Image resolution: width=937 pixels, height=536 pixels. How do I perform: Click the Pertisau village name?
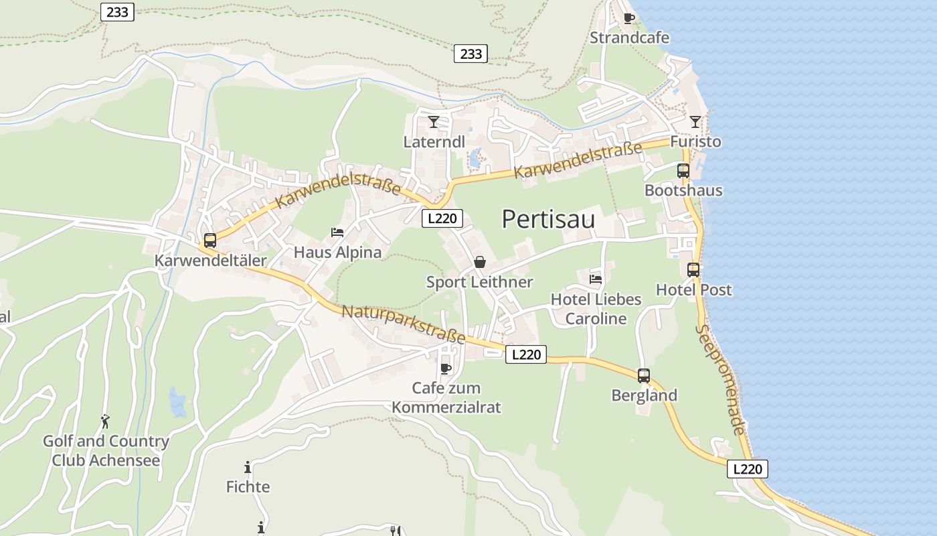pos(548,219)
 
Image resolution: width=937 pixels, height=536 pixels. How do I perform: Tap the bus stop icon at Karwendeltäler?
pos(210,240)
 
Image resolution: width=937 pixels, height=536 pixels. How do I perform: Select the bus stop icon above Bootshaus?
pos(683,170)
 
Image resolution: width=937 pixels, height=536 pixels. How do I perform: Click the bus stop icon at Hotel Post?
pos(693,270)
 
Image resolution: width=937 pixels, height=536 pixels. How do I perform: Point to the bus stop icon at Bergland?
pos(644,375)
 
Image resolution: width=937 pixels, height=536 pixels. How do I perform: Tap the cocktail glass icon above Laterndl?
pos(434,122)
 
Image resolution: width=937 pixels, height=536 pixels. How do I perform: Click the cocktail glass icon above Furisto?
pos(695,122)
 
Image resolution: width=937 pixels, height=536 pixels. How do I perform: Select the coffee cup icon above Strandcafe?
pos(628,18)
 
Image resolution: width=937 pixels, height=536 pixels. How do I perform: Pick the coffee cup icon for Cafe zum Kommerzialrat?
pos(446,368)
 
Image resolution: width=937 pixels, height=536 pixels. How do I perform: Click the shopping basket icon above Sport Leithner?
pos(480,262)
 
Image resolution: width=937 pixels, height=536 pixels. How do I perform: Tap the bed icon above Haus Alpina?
pos(337,232)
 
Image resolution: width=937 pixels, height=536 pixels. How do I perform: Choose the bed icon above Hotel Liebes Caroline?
pos(596,279)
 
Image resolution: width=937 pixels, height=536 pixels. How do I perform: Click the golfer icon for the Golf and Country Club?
pos(105,421)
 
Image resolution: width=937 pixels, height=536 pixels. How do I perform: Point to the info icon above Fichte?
pos(248,467)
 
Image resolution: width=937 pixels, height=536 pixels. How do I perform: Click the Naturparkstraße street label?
pos(403,324)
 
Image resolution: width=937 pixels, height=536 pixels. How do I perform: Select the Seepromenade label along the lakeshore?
pos(719,379)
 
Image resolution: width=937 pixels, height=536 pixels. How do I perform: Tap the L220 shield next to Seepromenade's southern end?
pos(747,469)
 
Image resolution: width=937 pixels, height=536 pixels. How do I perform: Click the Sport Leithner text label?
pos(480,282)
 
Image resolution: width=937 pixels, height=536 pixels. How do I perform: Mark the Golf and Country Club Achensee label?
pos(106,451)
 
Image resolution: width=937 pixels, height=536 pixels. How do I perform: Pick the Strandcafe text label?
pos(629,38)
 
